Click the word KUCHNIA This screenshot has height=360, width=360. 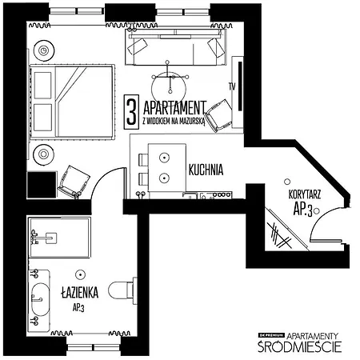tap(206, 170)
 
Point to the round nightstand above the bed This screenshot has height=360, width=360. tap(42, 50)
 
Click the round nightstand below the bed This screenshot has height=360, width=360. tap(42, 153)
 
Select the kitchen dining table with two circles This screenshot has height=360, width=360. tap(164, 166)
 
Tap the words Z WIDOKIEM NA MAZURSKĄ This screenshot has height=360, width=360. tap(174, 120)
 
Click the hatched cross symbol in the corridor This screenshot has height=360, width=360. tap(279, 234)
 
